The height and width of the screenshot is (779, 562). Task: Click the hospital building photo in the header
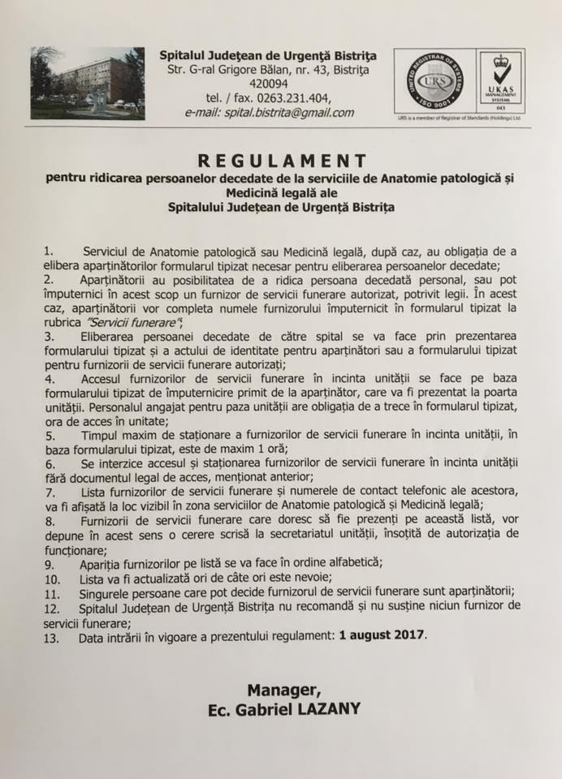tap(88, 84)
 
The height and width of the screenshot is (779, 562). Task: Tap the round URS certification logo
tap(432, 84)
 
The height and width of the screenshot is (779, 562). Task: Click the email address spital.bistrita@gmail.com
tap(270, 113)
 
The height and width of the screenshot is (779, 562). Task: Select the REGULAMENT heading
tap(280, 161)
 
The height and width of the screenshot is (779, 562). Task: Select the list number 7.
tap(50, 493)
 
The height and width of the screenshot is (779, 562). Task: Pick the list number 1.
tap(50, 254)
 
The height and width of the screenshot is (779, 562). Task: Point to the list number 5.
tap(50, 436)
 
